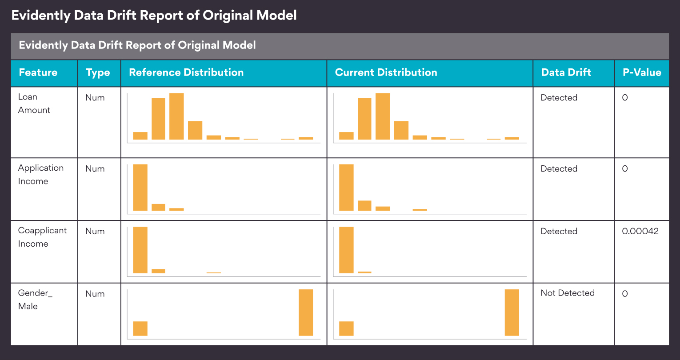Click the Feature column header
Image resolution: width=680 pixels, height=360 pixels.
[x=38, y=72]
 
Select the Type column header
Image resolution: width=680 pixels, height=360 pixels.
[x=98, y=73]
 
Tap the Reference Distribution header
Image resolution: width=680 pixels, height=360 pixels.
[x=186, y=72]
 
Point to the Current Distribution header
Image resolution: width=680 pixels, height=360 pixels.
[x=386, y=72]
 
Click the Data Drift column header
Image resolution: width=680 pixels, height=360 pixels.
[x=566, y=72]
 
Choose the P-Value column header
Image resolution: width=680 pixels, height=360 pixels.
[x=642, y=72]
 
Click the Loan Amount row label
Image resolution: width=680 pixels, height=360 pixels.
[x=34, y=104]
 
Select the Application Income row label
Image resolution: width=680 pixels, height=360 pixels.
[x=40, y=175]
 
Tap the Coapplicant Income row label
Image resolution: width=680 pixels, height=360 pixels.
[x=42, y=237]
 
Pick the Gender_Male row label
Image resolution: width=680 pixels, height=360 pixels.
[x=35, y=300]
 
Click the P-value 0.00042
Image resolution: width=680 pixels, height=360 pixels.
[x=640, y=231]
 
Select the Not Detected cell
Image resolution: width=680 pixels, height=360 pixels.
[x=568, y=293]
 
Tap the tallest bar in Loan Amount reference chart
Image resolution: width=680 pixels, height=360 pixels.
[x=176, y=116]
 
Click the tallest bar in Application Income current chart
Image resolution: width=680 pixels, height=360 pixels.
[x=346, y=188]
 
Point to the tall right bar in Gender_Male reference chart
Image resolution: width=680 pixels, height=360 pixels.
[x=306, y=312]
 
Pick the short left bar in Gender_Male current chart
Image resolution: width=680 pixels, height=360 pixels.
[x=346, y=328]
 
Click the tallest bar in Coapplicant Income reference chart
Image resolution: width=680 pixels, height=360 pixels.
[x=140, y=250]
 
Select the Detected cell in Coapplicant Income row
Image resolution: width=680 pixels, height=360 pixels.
[x=559, y=231]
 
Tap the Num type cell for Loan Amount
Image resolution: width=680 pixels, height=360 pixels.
[x=95, y=98]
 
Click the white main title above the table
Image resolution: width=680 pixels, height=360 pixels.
[x=154, y=16]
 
